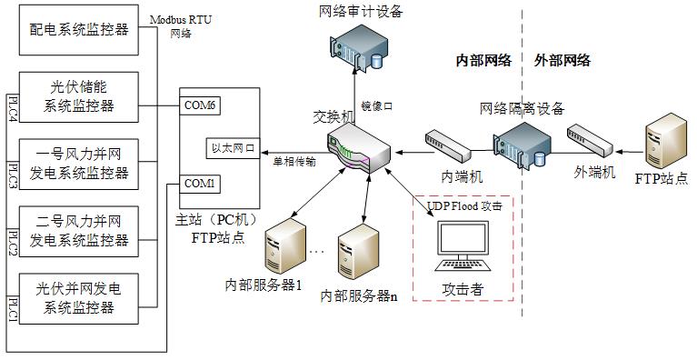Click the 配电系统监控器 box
click(x=79, y=30)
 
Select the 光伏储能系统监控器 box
click(x=79, y=97)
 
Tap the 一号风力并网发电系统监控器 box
click(x=79, y=165)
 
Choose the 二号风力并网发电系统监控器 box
click(x=79, y=232)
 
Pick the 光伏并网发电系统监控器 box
click(x=79, y=299)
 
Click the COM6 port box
click(x=200, y=105)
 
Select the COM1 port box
click(x=200, y=184)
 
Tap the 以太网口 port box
click(x=233, y=148)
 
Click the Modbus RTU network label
click(x=181, y=26)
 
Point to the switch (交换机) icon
click(x=358, y=148)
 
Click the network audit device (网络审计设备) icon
click(x=359, y=48)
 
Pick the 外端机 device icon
click(x=591, y=143)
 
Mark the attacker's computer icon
click(x=463, y=246)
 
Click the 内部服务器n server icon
click(x=358, y=252)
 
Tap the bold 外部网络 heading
click(x=563, y=60)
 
